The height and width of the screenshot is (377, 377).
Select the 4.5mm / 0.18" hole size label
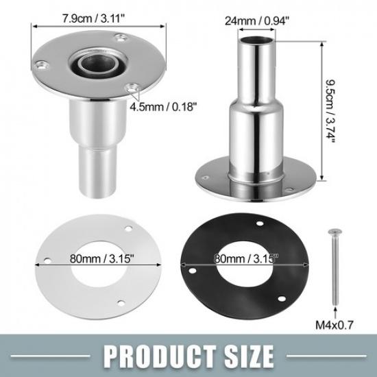click(x=165, y=106)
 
